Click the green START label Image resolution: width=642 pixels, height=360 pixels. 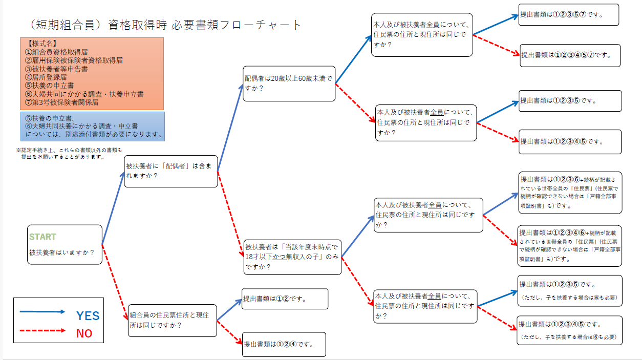[x=42, y=237]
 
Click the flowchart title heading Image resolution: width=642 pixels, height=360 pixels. [x=165, y=25]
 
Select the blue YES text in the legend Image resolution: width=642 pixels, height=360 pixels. [x=88, y=315]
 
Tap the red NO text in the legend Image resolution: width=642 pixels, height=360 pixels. [x=84, y=333]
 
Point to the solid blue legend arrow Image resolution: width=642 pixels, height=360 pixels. [x=42, y=311]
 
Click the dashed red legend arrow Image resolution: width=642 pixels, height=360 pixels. [x=42, y=330]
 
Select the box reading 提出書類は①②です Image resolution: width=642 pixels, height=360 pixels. [x=285, y=299]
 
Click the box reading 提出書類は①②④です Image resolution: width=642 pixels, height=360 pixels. [x=284, y=344]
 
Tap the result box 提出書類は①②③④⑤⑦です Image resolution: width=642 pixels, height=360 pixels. [x=570, y=55]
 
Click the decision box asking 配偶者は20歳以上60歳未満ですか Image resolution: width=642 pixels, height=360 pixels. [x=290, y=83]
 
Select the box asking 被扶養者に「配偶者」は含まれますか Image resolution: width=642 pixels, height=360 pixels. [x=171, y=171]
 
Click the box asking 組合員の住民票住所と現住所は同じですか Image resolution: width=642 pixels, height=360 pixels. [x=173, y=320]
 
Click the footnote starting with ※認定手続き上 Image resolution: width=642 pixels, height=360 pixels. [x=69, y=154]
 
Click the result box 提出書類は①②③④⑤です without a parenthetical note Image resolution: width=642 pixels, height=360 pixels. [x=570, y=141]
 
